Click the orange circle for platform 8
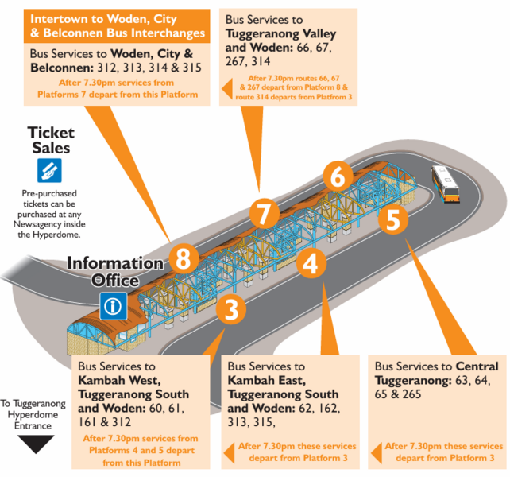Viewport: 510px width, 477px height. pos(184,258)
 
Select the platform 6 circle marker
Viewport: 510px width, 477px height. pos(338,176)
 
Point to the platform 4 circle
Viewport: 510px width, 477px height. pos(311,262)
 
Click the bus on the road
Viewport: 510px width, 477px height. pos(445,184)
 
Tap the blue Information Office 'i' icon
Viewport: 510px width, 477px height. pos(113,305)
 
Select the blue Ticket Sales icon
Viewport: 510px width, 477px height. pos(50,169)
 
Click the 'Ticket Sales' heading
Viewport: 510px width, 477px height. pos(51,140)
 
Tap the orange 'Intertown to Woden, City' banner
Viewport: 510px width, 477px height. pos(118,25)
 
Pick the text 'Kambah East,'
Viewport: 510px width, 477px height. pos(265,381)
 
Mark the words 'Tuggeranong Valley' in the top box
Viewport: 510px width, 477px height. pos(280,34)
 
